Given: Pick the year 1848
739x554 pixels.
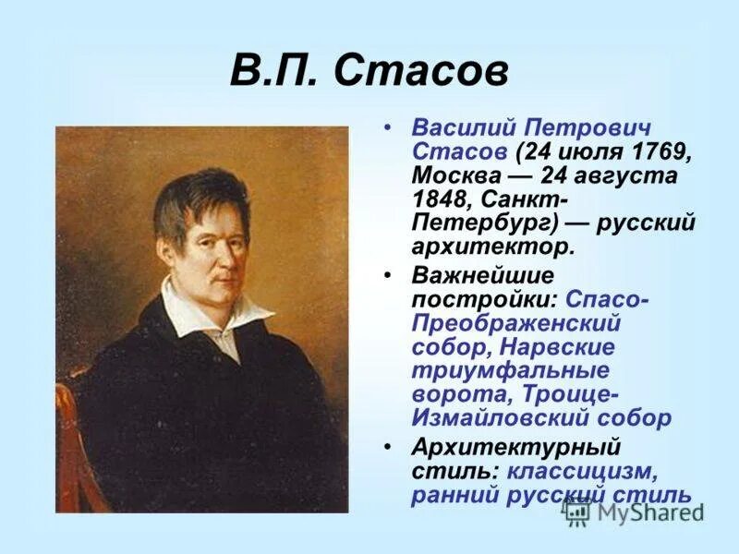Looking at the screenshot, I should point(443,199).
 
